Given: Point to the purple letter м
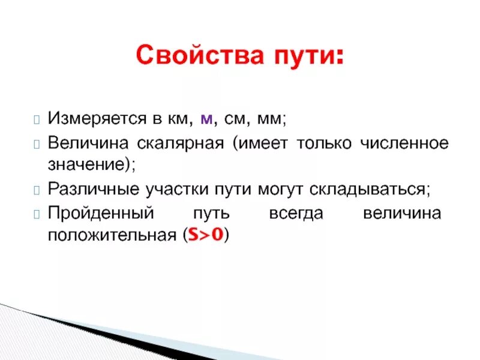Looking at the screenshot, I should point(206,119).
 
